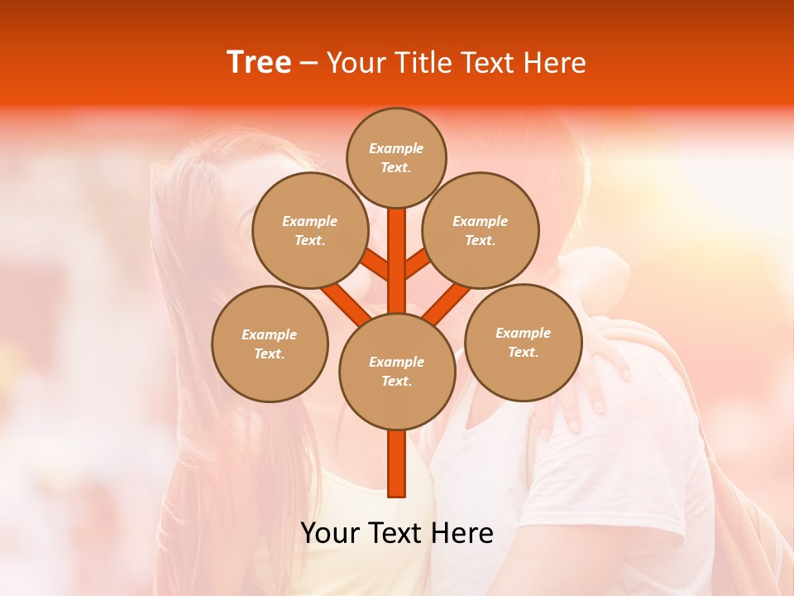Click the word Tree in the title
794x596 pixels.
[259, 62]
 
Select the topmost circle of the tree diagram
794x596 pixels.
[396, 157]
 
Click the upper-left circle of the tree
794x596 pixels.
[310, 230]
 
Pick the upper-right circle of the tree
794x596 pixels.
[481, 230]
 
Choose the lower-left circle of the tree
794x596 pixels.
[270, 344]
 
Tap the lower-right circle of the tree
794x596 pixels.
[524, 342]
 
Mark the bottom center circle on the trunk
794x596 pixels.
[396, 371]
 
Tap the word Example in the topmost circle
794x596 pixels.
[396, 148]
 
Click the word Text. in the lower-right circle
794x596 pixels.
[524, 352]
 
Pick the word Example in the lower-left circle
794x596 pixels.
[270, 334]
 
